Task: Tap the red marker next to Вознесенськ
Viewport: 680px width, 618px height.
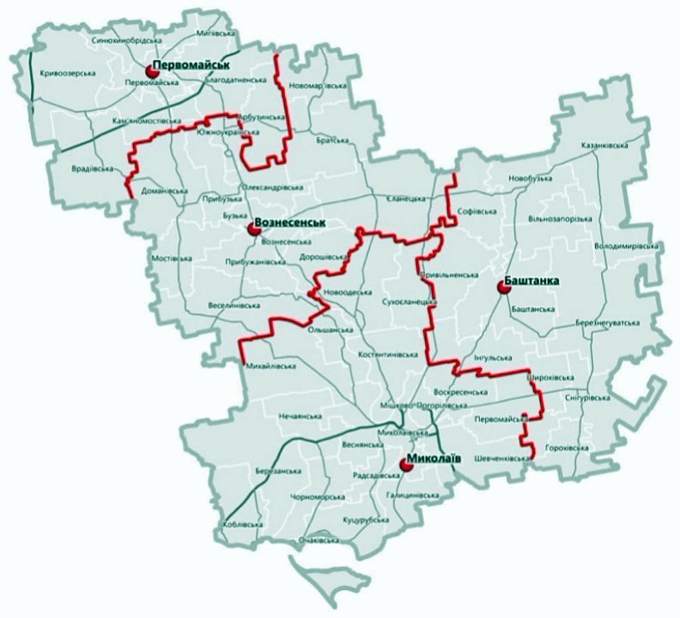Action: tap(252, 228)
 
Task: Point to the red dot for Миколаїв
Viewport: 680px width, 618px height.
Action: tap(406, 465)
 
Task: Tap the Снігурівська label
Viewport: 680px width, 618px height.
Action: tap(588, 398)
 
